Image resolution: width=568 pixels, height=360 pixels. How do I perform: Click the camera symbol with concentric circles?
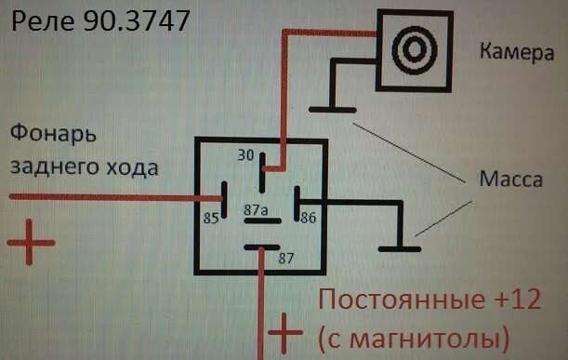pyautogui.click(x=410, y=43)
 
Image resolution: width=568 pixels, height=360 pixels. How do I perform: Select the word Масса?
pyautogui.click(x=510, y=179)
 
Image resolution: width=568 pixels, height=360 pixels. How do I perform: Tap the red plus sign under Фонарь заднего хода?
pyautogui.click(x=31, y=241)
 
